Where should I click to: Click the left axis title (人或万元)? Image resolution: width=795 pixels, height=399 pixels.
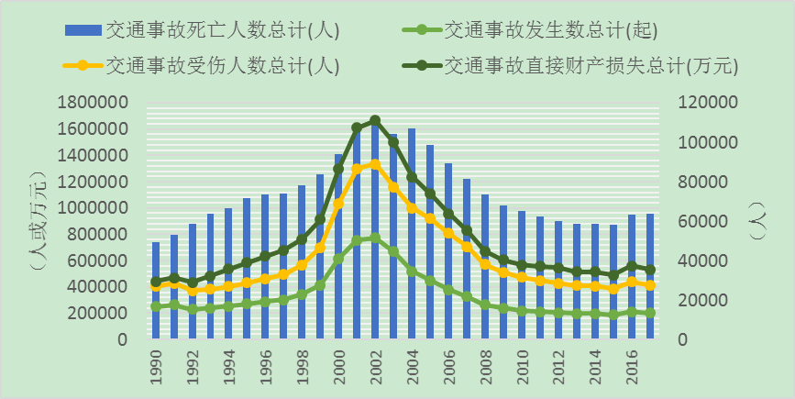click(35, 220)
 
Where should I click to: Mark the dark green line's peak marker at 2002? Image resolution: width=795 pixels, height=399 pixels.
click(374, 120)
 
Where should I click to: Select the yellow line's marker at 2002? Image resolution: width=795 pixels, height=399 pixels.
click(374, 164)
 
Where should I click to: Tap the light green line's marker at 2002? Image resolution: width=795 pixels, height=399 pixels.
click(374, 238)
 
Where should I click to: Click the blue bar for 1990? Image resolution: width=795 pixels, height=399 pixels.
click(156, 291)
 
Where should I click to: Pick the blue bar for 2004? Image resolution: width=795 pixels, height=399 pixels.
click(411, 234)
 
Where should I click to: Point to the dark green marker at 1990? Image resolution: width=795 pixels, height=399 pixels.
click(156, 282)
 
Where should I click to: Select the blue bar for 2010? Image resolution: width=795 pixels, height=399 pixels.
click(521, 275)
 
